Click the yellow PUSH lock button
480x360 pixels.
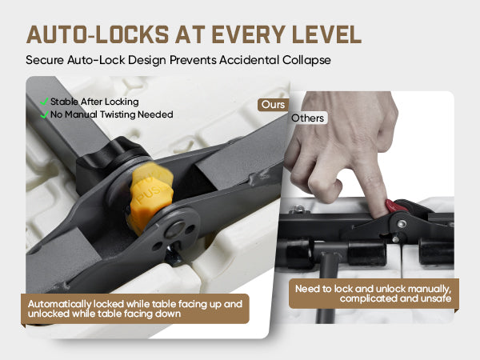[x=151, y=196]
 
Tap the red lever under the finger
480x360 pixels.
[x=395, y=206]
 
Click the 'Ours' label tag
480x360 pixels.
[x=273, y=105]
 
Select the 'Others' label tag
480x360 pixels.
[x=308, y=118]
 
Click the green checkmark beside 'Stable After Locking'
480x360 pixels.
[x=44, y=102]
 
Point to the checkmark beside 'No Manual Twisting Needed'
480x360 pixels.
[x=44, y=114]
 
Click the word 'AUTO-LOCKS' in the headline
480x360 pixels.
[x=98, y=34]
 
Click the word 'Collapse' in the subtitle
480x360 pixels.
[x=306, y=60]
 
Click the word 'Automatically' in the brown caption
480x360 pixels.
[x=59, y=304]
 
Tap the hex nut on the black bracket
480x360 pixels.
[x=298, y=210]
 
